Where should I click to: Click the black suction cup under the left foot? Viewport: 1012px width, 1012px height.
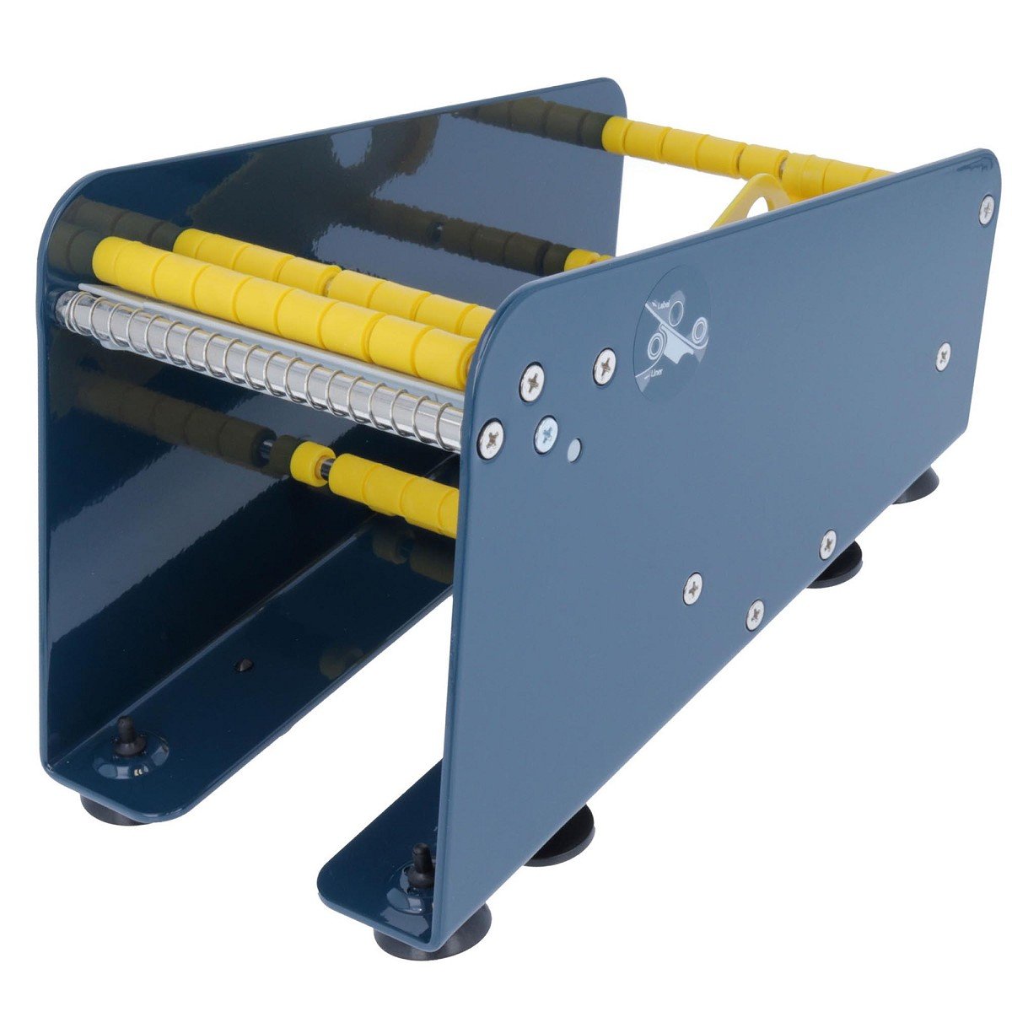click(110, 808)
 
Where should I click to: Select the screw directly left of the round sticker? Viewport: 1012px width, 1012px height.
click(606, 364)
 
